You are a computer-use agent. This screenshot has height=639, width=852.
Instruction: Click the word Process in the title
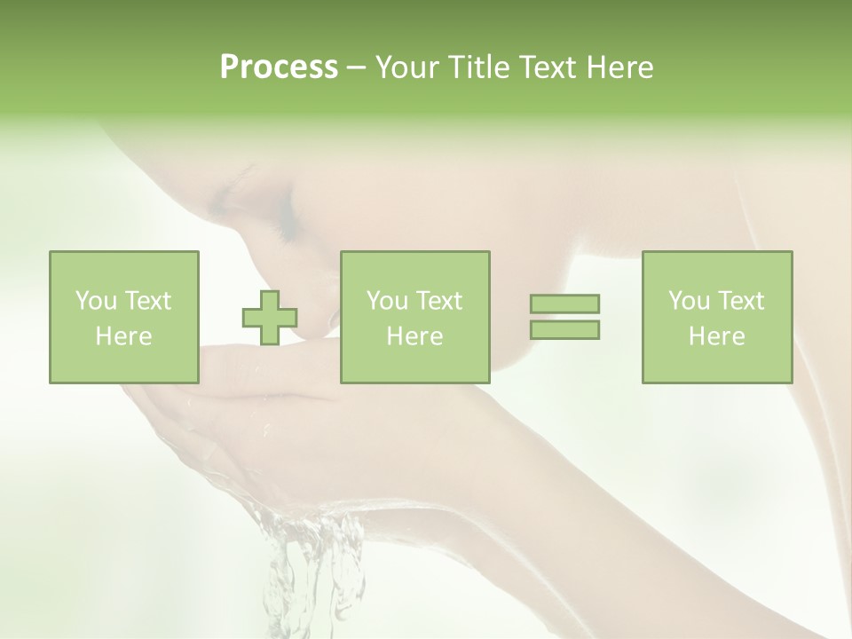279,67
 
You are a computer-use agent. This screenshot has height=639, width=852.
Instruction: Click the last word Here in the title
621,67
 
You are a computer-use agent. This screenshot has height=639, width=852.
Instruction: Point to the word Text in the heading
547,67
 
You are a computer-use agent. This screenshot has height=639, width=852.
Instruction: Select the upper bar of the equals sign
564,304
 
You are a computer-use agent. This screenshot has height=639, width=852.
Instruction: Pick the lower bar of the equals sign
564,329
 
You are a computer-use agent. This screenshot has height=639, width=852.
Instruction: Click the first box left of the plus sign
123,317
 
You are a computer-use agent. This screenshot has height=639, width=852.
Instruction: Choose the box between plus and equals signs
414,317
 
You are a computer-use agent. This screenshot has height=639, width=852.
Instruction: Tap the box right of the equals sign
716,317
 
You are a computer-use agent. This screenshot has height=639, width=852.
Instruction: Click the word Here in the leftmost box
123,336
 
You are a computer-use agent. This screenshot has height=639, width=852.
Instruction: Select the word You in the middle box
387,301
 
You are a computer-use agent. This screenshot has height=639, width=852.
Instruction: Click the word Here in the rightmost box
716,336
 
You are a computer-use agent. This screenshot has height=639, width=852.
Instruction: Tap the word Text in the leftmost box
148,301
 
